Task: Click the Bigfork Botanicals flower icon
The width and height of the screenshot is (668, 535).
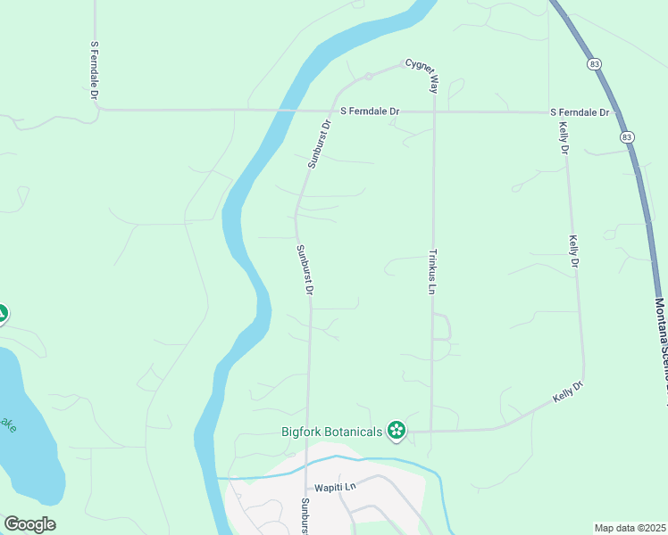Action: pos(397,432)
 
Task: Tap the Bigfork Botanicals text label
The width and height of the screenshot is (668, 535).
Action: pos(331,432)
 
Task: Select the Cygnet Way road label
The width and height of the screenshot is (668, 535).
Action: pos(422,76)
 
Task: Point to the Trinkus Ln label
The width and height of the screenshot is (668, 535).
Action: pos(431,271)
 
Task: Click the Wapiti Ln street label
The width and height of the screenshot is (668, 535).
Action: pos(335,488)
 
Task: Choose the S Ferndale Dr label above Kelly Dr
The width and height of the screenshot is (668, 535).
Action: pos(579,112)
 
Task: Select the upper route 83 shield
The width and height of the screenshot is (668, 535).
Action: pos(594,64)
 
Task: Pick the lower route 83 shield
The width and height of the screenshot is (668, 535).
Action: pos(628,136)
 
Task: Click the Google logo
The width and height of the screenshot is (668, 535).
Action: pos(29,524)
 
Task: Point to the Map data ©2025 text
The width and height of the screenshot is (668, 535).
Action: pos(629,528)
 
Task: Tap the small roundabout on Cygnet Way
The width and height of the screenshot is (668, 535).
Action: pos(368,76)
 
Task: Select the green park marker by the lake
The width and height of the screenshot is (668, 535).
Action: pos(2,314)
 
